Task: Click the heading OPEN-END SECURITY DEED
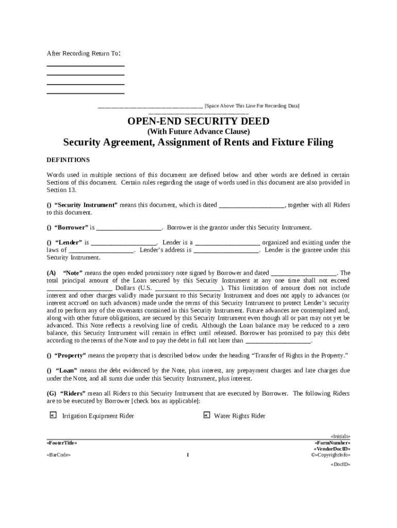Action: [198, 121]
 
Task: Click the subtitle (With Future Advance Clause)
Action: [198, 131]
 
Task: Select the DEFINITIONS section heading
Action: [68, 160]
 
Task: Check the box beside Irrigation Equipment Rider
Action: [52, 415]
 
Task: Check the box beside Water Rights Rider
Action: [206, 415]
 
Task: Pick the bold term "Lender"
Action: [68, 242]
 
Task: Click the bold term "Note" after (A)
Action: [75, 273]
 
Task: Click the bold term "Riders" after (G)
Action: [73, 393]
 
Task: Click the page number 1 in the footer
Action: [188, 455]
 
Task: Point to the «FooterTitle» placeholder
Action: [62, 443]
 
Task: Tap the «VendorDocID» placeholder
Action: [333, 449]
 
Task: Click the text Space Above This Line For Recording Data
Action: [252, 106]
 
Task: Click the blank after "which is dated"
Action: [252, 205]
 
